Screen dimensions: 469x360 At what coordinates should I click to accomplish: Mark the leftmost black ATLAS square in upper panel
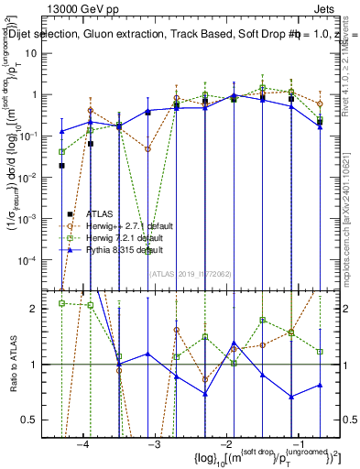click(62, 166)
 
